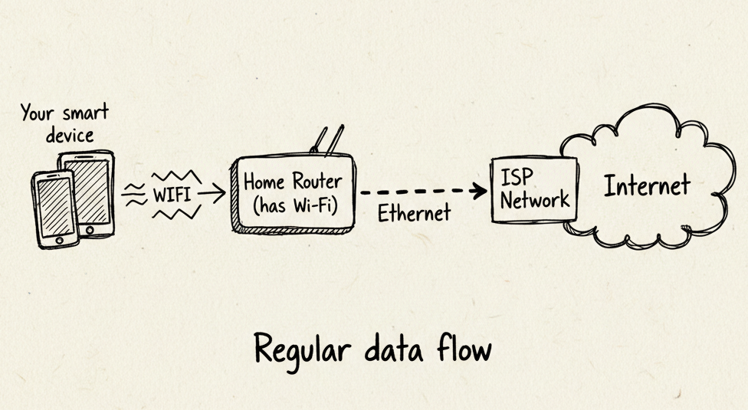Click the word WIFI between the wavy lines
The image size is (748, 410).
tap(173, 194)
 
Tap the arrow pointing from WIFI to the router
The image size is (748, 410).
tap(212, 194)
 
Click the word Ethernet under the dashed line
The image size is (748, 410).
tap(415, 213)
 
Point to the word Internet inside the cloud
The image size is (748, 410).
tap(647, 185)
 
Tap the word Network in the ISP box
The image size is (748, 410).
tap(535, 201)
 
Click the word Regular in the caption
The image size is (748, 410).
tap(296, 352)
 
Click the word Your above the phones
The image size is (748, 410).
tap(37, 114)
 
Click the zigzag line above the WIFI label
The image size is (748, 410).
tap(176, 177)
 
